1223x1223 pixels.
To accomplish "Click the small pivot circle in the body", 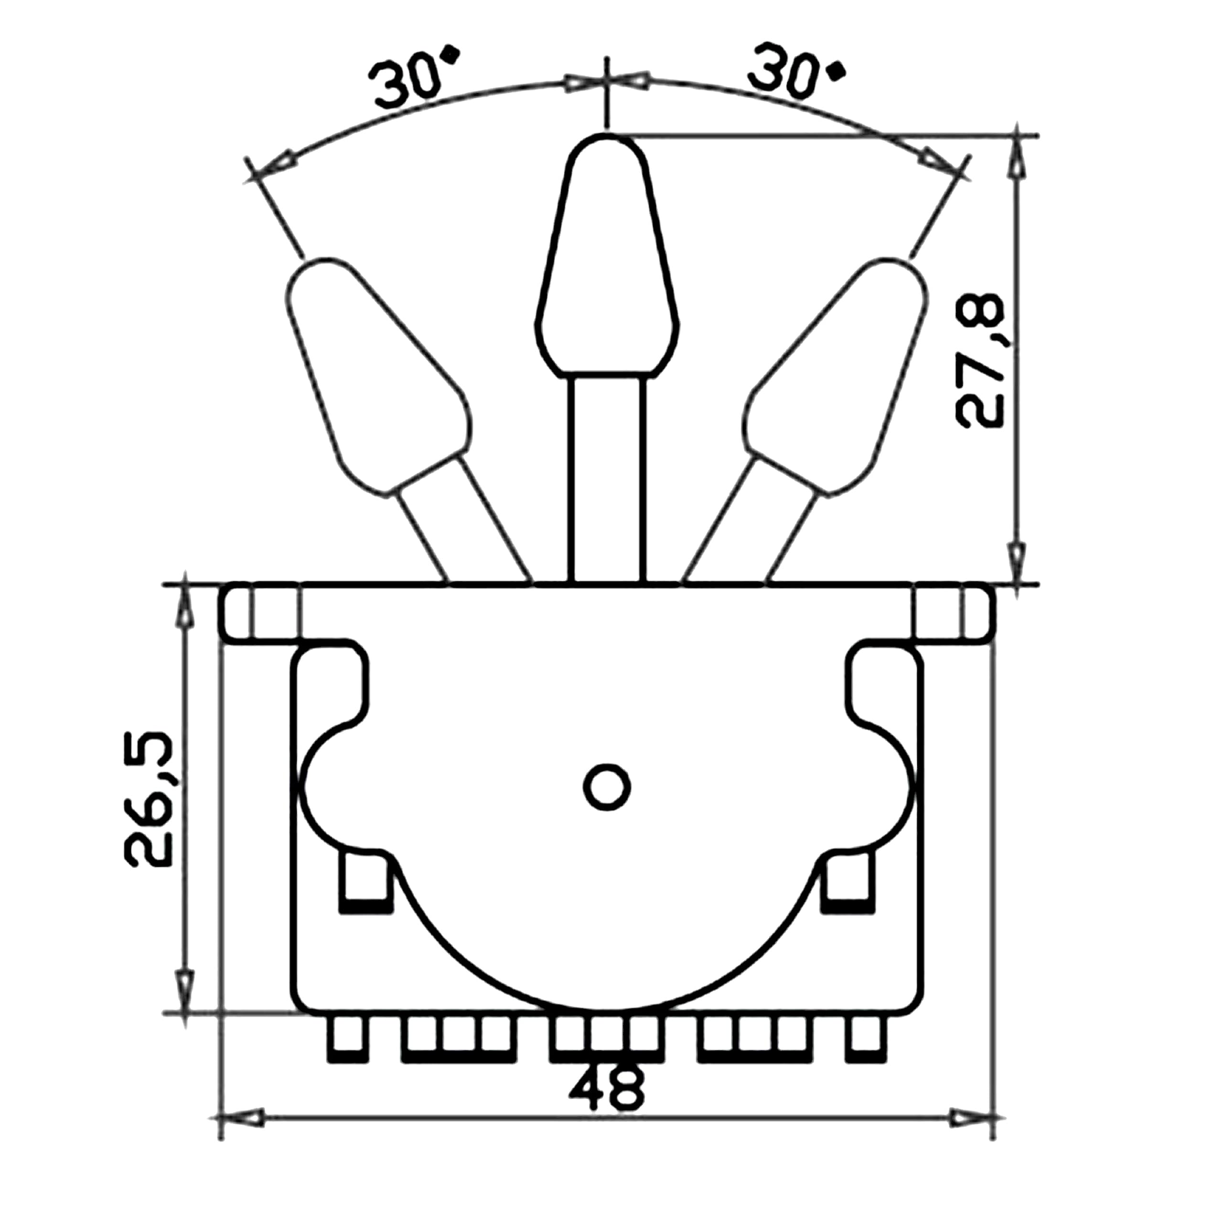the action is tap(606, 787).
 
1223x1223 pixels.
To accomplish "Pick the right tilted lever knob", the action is tap(834, 376).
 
